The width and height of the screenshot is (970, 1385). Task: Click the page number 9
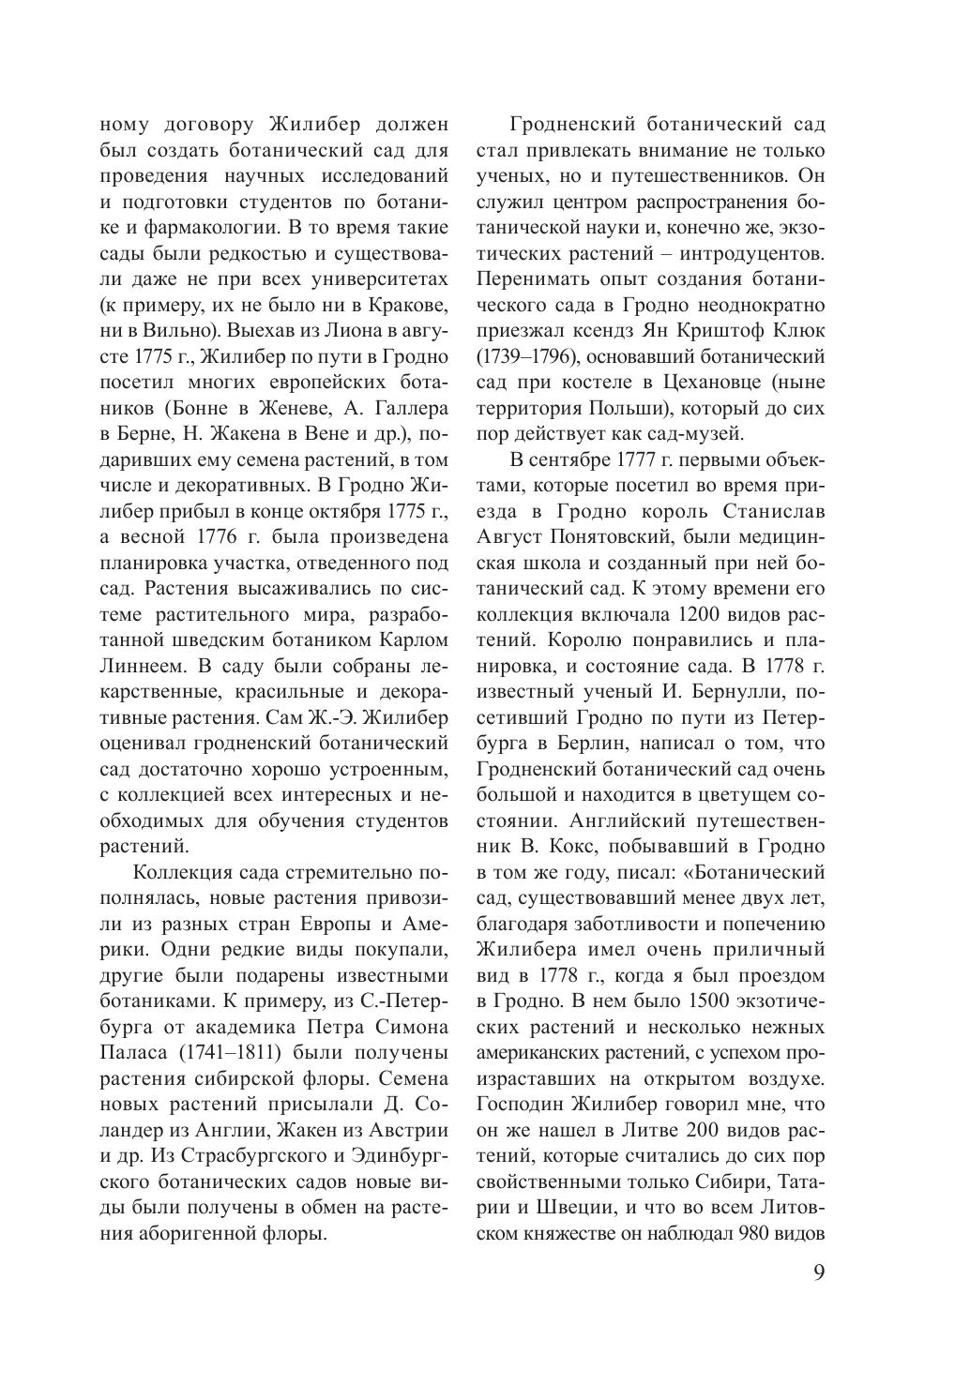click(x=818, y=1276)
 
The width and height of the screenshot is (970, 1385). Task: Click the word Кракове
click(x=405, y=305)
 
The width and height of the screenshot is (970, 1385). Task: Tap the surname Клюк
click(x=799, y=330)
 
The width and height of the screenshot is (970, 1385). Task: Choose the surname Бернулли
click(x=726, y=693)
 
